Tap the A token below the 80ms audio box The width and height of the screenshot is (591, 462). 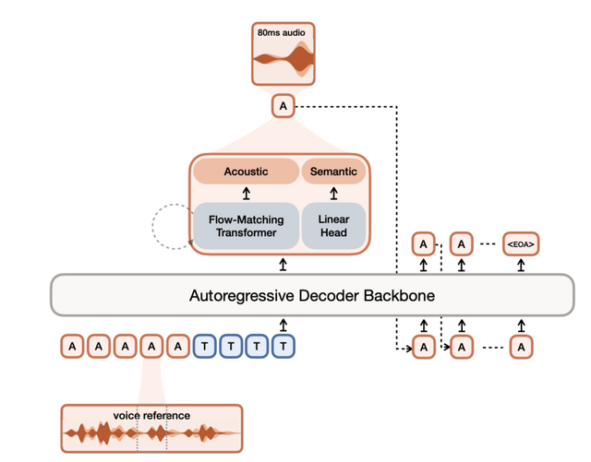(283, 107)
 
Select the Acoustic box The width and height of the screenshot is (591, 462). (246, 172)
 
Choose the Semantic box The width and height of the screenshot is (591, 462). (333, 172)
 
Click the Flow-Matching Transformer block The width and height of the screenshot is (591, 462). (246, 226)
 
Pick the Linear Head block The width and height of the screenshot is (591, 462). (333, 226)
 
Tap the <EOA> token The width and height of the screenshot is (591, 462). (521, 244)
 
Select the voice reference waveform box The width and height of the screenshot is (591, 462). (151, 430)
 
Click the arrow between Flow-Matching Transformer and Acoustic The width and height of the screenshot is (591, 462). (247, 194)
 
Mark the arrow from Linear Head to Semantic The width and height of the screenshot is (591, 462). (333, 194)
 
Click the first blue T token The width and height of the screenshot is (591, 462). (205, 347)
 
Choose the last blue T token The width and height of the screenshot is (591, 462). (284, 347)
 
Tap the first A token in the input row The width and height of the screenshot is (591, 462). (72, 347)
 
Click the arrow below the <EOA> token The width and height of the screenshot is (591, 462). (521, 266)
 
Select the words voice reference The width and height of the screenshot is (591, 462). (151, 416)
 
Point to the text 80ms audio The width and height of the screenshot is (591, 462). (283, 33)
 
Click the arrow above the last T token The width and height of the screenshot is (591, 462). (284, 325)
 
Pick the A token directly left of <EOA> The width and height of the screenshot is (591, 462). (462, 244)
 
